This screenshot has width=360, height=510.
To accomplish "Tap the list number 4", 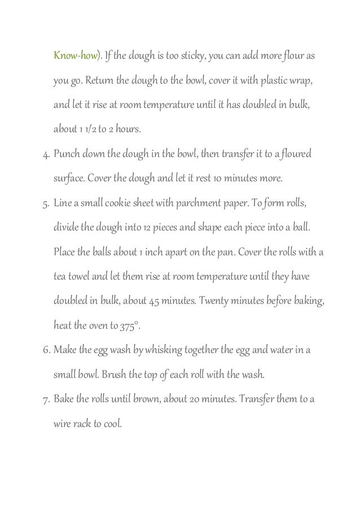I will click(46, 155).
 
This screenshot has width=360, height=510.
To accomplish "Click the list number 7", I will click(46, 400).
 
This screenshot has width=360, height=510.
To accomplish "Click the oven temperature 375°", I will click(129, 327).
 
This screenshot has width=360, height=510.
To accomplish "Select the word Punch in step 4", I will click(67, 155).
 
